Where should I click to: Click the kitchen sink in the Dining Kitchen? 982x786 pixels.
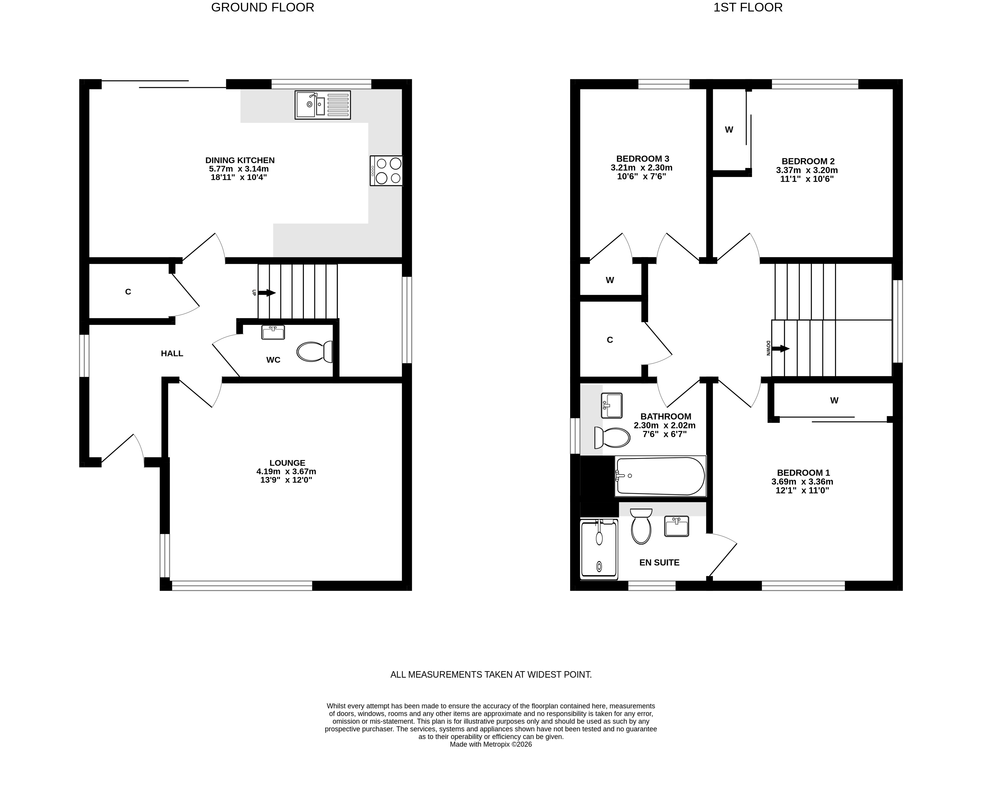[x=323, y=105]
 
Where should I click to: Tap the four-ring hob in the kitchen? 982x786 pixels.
[x=386, y=171]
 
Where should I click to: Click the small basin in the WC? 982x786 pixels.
[x=273, y=332]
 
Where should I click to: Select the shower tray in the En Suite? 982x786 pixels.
[x=599, y=550]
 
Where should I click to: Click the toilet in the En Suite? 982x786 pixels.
[x=641, y=526]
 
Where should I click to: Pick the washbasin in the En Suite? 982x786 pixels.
[x=677, y=526]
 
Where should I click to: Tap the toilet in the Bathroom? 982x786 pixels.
[x=612, y=438]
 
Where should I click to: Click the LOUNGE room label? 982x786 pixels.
[x=287, y=463]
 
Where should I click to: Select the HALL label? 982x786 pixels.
[x=172, y=354]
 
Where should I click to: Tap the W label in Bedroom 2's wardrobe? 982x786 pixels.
[x=729, y=130]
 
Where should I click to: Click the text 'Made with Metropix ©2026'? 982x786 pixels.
[x=491, y=745]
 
